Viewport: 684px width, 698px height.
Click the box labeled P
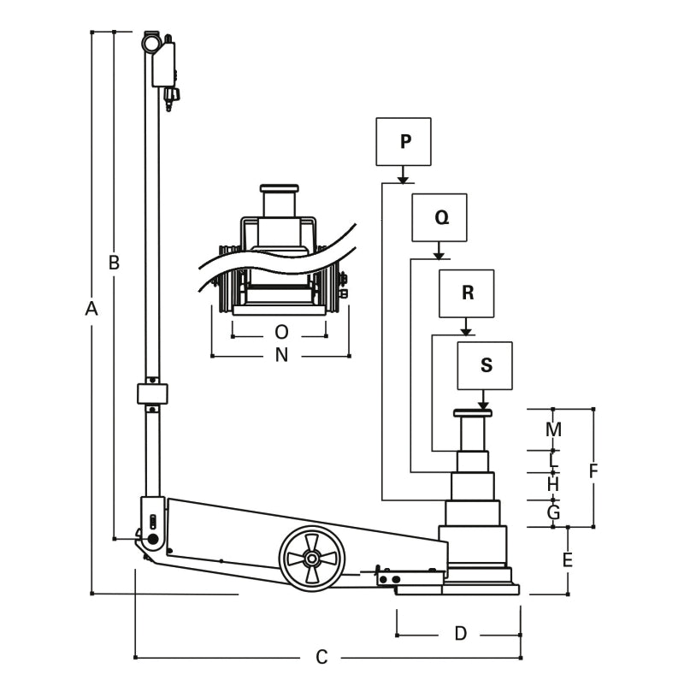404,141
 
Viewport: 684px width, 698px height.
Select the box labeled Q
439,217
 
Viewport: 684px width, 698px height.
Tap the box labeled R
467,293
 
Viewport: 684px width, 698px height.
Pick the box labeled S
485,365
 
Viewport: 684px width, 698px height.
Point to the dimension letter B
114,263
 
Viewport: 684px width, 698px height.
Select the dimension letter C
321,657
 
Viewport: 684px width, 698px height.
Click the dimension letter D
460,634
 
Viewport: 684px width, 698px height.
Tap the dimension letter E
567,561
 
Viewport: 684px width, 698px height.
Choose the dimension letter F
593,470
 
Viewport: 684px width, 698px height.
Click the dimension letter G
553,513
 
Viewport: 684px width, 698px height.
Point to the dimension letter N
281,355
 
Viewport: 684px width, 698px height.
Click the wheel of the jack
311,557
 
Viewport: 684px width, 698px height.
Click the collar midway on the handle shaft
152,394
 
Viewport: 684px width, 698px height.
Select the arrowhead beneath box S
484,405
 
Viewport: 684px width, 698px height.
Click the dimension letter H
553,484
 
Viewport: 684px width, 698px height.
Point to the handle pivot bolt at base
154,540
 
